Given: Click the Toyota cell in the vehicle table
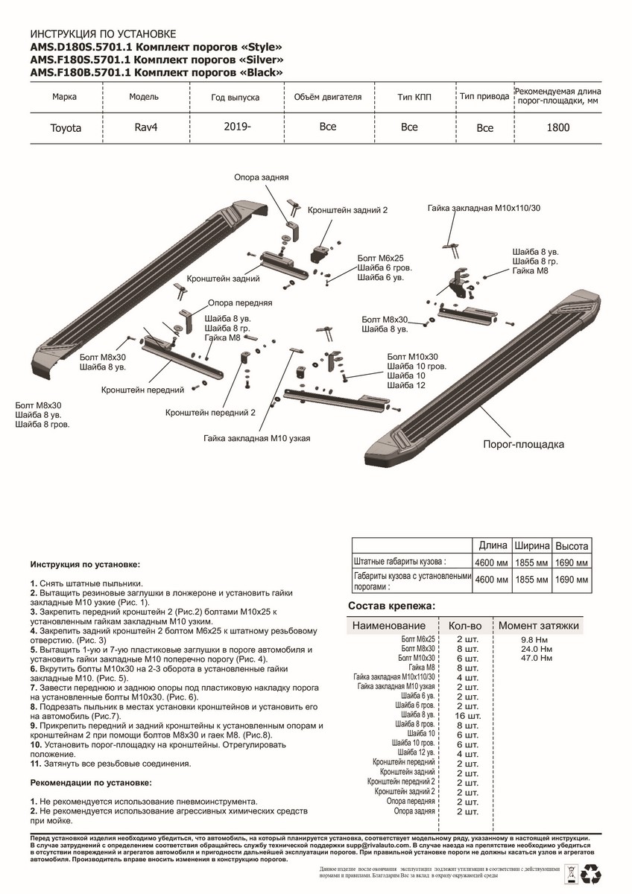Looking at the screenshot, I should [x=66, y=128].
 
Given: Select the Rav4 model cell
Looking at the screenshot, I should [x=145, y=127].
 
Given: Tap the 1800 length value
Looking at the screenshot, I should [x=557, y=127].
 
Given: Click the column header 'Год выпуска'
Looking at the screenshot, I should [x=235, y=98].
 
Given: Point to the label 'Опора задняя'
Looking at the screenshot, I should [x=261, y=178].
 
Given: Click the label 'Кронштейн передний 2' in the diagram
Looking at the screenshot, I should [x=210, y=411].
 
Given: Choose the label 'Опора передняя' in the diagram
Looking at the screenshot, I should [x=240, y=303].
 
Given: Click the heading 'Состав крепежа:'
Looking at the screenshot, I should [x=391, y=606].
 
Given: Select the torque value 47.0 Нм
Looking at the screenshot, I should [x=537, y=659].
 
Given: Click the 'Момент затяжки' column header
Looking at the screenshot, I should [x=538, y=626].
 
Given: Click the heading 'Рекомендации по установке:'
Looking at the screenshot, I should [x=91, y=783].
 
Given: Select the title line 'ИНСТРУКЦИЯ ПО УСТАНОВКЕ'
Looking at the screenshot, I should [x=103, y=34].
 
